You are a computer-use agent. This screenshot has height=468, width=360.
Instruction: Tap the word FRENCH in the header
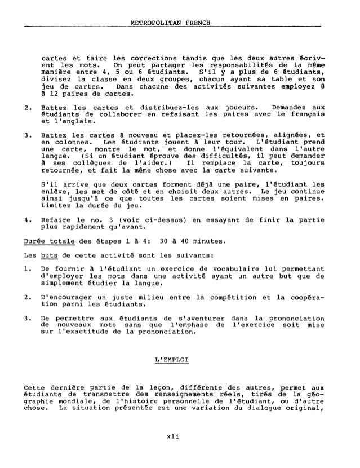coord(194,22)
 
